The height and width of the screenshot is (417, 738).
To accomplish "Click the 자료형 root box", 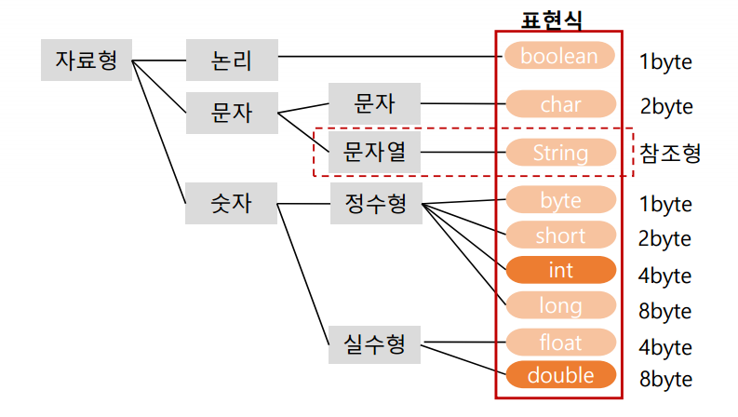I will [x=86, y=61].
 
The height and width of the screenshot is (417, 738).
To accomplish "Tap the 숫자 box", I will [x=232, y=203].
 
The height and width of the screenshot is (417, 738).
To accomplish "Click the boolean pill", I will [x=560, y=56].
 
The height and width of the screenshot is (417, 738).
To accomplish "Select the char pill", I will [x=560, y=104].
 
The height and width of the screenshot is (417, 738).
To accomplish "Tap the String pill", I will [x=560, y=152].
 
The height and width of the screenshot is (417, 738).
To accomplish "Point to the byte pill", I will [x=560, y=200].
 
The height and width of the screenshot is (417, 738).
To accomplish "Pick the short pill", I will [x=560, y=235].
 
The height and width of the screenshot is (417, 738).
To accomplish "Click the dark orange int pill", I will [x=560, y=270].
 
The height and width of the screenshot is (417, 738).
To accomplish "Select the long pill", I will [x=560, y=304].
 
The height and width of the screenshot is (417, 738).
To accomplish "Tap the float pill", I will [x=560, y=342].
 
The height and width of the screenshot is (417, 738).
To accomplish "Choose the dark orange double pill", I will [x=560, y=375].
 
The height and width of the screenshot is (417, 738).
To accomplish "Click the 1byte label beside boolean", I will [x=665, y=62].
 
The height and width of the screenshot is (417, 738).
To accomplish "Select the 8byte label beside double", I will [x=665, y=380].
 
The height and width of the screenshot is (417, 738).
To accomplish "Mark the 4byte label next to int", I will [x=665, y=276].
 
